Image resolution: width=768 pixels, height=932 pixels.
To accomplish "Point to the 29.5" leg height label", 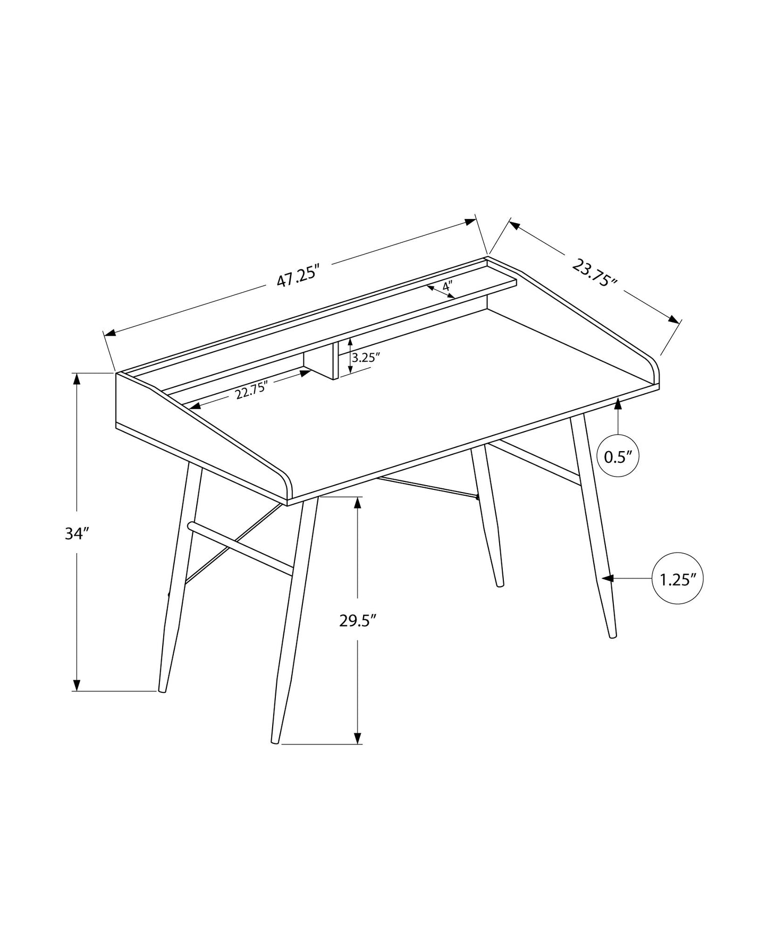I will (x=358, y=620).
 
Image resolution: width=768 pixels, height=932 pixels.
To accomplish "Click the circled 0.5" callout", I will (x=618, y=456).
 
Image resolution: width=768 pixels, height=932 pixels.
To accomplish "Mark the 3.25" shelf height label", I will (x=366, y=357).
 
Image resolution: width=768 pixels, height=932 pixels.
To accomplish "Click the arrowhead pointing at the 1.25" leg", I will (x=607, y=578).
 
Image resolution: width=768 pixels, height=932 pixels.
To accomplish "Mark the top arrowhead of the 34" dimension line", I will (x=77, y=379).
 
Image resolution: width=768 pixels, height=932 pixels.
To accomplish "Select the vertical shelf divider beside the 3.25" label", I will (x=335, y=361).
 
